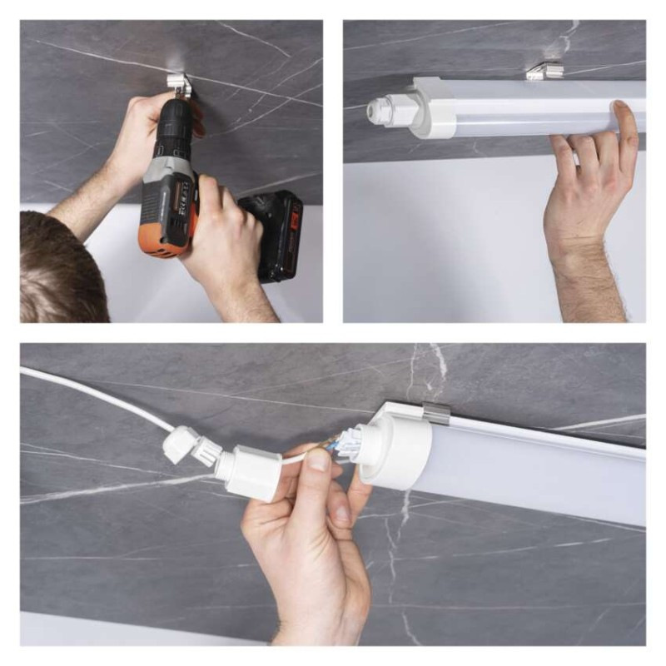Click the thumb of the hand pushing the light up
tap(624, 125)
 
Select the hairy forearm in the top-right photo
tap(595, 283)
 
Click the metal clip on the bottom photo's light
tap(437, 411)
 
